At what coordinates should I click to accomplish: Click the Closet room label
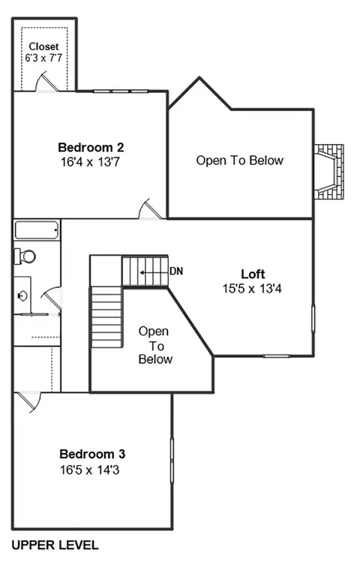43,46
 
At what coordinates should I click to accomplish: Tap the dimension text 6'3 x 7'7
43,58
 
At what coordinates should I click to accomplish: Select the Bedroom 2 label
91,147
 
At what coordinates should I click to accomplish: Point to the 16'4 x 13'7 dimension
90,162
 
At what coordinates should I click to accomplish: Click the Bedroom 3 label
92,454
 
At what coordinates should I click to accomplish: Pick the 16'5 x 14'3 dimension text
90,470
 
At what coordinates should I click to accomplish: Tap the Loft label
253,274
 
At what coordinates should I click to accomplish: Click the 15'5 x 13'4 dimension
252,289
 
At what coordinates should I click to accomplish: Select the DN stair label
176,271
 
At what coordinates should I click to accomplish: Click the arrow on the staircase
154,272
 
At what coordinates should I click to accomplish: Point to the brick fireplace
328,172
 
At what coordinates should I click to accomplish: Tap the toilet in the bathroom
25,256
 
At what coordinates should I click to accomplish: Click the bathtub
36,230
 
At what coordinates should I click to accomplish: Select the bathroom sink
22,295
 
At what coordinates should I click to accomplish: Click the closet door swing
46,82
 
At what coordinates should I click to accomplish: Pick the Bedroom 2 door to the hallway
150,209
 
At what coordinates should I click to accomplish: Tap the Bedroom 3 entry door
30,402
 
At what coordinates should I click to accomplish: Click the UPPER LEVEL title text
55,545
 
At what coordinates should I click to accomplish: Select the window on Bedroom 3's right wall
172,460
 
